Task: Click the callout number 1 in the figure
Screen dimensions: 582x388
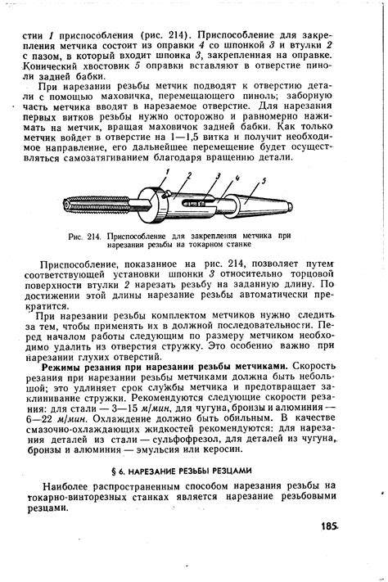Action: [165, 170]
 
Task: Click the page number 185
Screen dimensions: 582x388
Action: [332, 526]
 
